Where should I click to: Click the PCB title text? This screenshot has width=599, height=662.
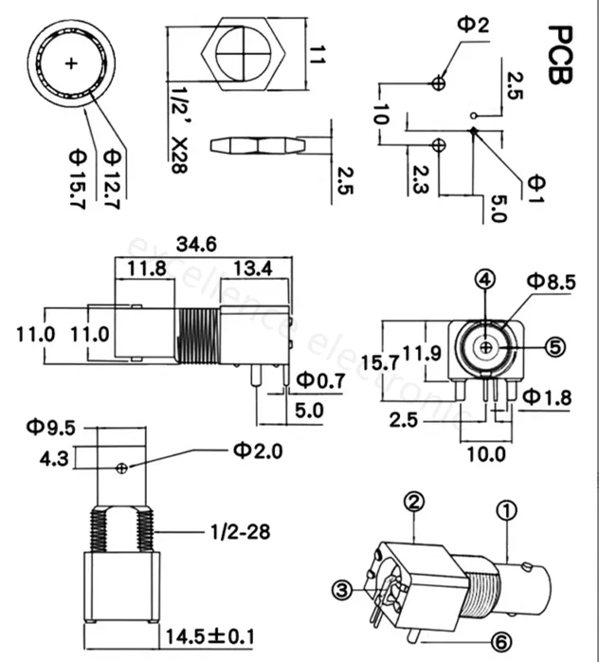(x=560, y=55)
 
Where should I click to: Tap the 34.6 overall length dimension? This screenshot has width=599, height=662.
(x=196, y=244)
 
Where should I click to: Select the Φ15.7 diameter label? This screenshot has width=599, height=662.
(x=78, y=178)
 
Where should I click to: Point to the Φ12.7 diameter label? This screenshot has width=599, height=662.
(x=112, y=178)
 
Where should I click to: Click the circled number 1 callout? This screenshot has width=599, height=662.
(x=507, y=510)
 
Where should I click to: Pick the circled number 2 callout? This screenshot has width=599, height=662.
(x=414, y=502)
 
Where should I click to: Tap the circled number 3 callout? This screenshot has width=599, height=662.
(x=342, y=590)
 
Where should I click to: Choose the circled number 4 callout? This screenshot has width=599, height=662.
(x=485, y=280)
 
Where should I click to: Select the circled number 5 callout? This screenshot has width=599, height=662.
(x=555, y=347)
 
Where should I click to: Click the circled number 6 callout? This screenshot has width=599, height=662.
(x=501, y=643)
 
